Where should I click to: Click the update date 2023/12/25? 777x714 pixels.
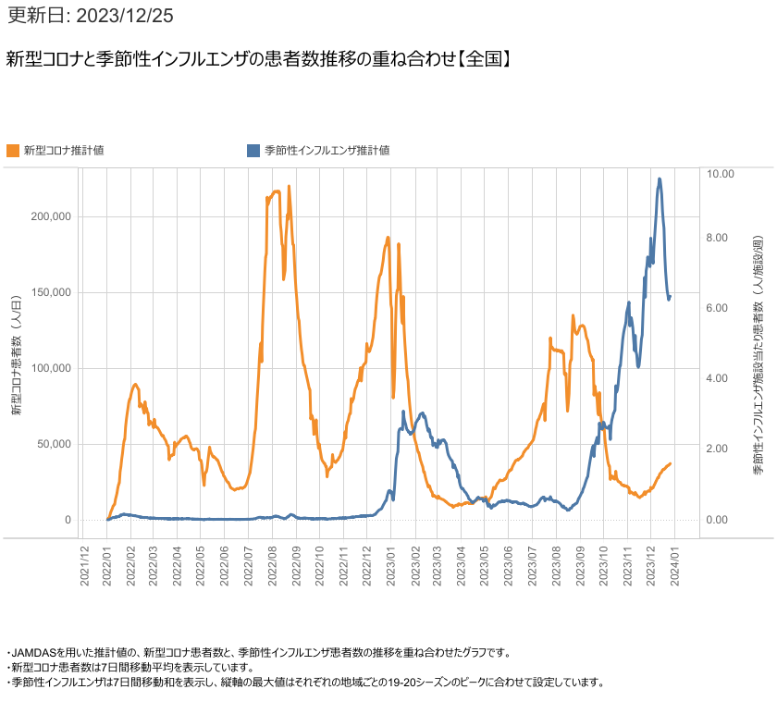[89, 16]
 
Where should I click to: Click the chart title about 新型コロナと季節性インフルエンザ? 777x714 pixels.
[259, 58]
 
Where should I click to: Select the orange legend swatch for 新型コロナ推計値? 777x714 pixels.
[13, 150]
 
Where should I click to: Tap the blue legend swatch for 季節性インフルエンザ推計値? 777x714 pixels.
[253, 150]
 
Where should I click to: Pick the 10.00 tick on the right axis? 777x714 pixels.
[720, 174]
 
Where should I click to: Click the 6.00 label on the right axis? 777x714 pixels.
[720, 308]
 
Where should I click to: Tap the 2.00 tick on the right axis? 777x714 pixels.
[720, 449]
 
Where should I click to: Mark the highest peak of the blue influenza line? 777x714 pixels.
[660, 179]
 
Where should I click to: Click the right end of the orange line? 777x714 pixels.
[671, 463]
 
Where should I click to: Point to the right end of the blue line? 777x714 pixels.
[671, 296]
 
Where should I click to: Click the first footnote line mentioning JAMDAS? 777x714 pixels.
[258, 652]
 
